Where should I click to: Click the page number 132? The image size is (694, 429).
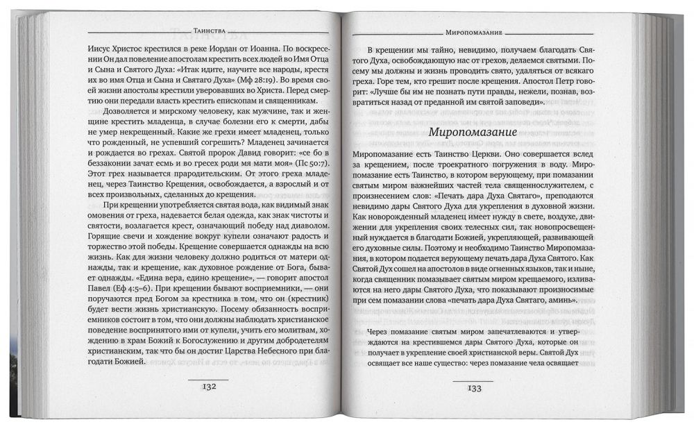[x=209, y=387]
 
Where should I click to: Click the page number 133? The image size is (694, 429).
[x=474, y=388]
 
